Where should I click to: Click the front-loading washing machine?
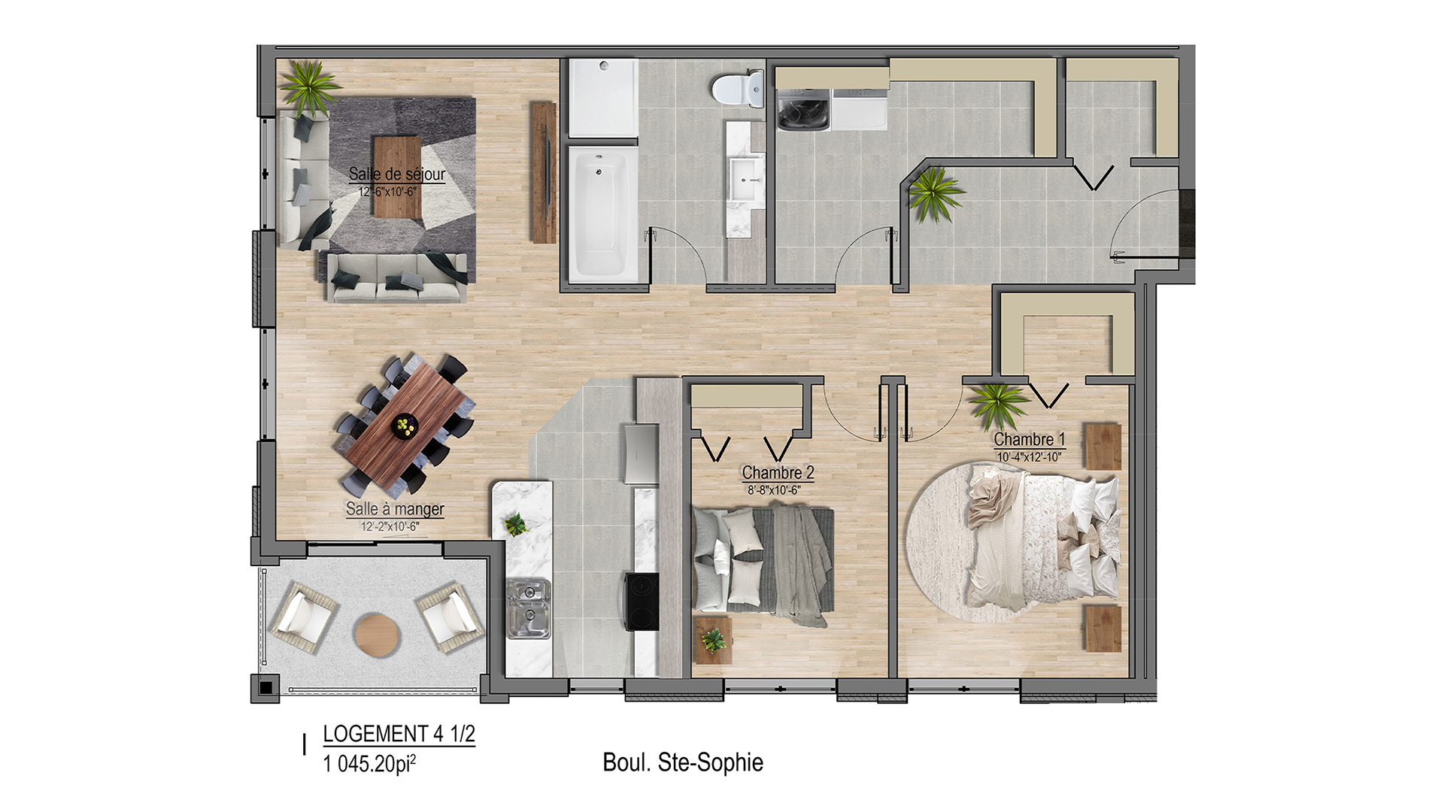point(802,110)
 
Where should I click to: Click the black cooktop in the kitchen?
point(642,601)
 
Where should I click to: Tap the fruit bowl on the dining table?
point(405,426)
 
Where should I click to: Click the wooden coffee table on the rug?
point(397,177)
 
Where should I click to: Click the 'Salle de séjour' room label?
point(397,174)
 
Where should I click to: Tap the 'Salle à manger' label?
point(395,509)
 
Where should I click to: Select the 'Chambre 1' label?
point(1030,439)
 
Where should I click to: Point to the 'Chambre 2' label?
point(778,473)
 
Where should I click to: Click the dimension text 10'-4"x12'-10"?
point(1030,457)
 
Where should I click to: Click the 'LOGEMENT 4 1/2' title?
point(399,734)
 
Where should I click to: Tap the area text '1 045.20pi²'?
point(369,764)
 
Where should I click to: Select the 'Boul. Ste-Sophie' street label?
point(683,762)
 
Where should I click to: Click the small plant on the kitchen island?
point(516,523)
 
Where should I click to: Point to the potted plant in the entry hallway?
point(935,194)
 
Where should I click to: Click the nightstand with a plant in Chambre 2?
point(713,641)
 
